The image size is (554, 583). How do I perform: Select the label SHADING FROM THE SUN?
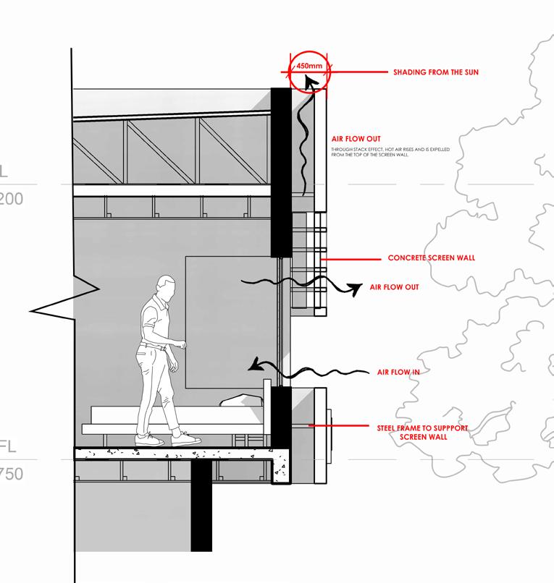(435, 72)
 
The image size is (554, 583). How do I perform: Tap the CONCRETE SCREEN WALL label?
(432, 258)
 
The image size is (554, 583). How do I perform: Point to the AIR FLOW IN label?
(398, 372)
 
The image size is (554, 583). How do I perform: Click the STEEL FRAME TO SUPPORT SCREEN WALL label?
(422, 433)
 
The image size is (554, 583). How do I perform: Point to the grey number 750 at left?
(12, 474)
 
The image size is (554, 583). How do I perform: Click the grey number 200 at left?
(10, 197)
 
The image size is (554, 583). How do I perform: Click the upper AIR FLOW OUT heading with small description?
(356, 138)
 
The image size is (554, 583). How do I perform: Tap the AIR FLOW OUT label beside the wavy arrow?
(394, 287)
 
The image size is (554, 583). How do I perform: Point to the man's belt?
(154, 347)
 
